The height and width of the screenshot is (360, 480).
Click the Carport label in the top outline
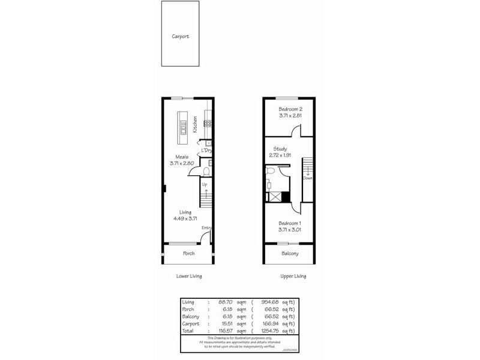click(180, 37)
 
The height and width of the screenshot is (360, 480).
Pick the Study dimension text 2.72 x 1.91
click(280, 155)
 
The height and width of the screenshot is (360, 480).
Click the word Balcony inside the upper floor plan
click(290, 253)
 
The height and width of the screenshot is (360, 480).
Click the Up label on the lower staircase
click(205, 185)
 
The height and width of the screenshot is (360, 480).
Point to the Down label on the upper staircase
click(307, 178)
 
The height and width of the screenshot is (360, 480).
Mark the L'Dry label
click(206, 150)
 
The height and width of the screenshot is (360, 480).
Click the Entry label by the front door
click(206, 227)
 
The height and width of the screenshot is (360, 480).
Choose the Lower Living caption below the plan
click(189, 276)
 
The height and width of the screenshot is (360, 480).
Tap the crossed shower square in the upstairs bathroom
click(276, 196)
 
